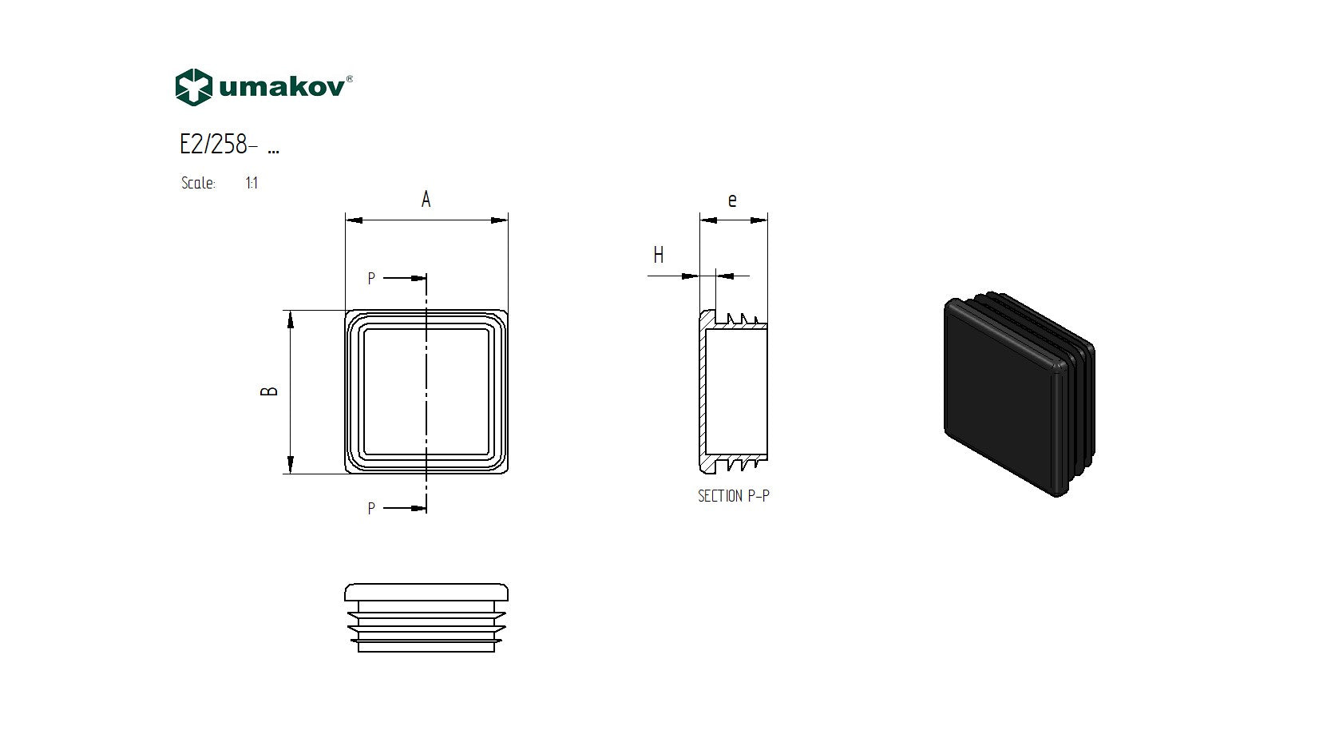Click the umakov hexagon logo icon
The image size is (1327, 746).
click(x=193, y=87)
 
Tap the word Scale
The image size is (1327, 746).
click(x=198, y=183)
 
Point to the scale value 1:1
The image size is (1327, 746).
click(x=252, y=183)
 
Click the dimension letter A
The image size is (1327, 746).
click(x=426, y=200)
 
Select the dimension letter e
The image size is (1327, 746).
click(x=732, y=200)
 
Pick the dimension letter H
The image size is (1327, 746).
click(x=658, y=256)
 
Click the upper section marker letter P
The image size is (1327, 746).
click(x=371, y=279)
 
